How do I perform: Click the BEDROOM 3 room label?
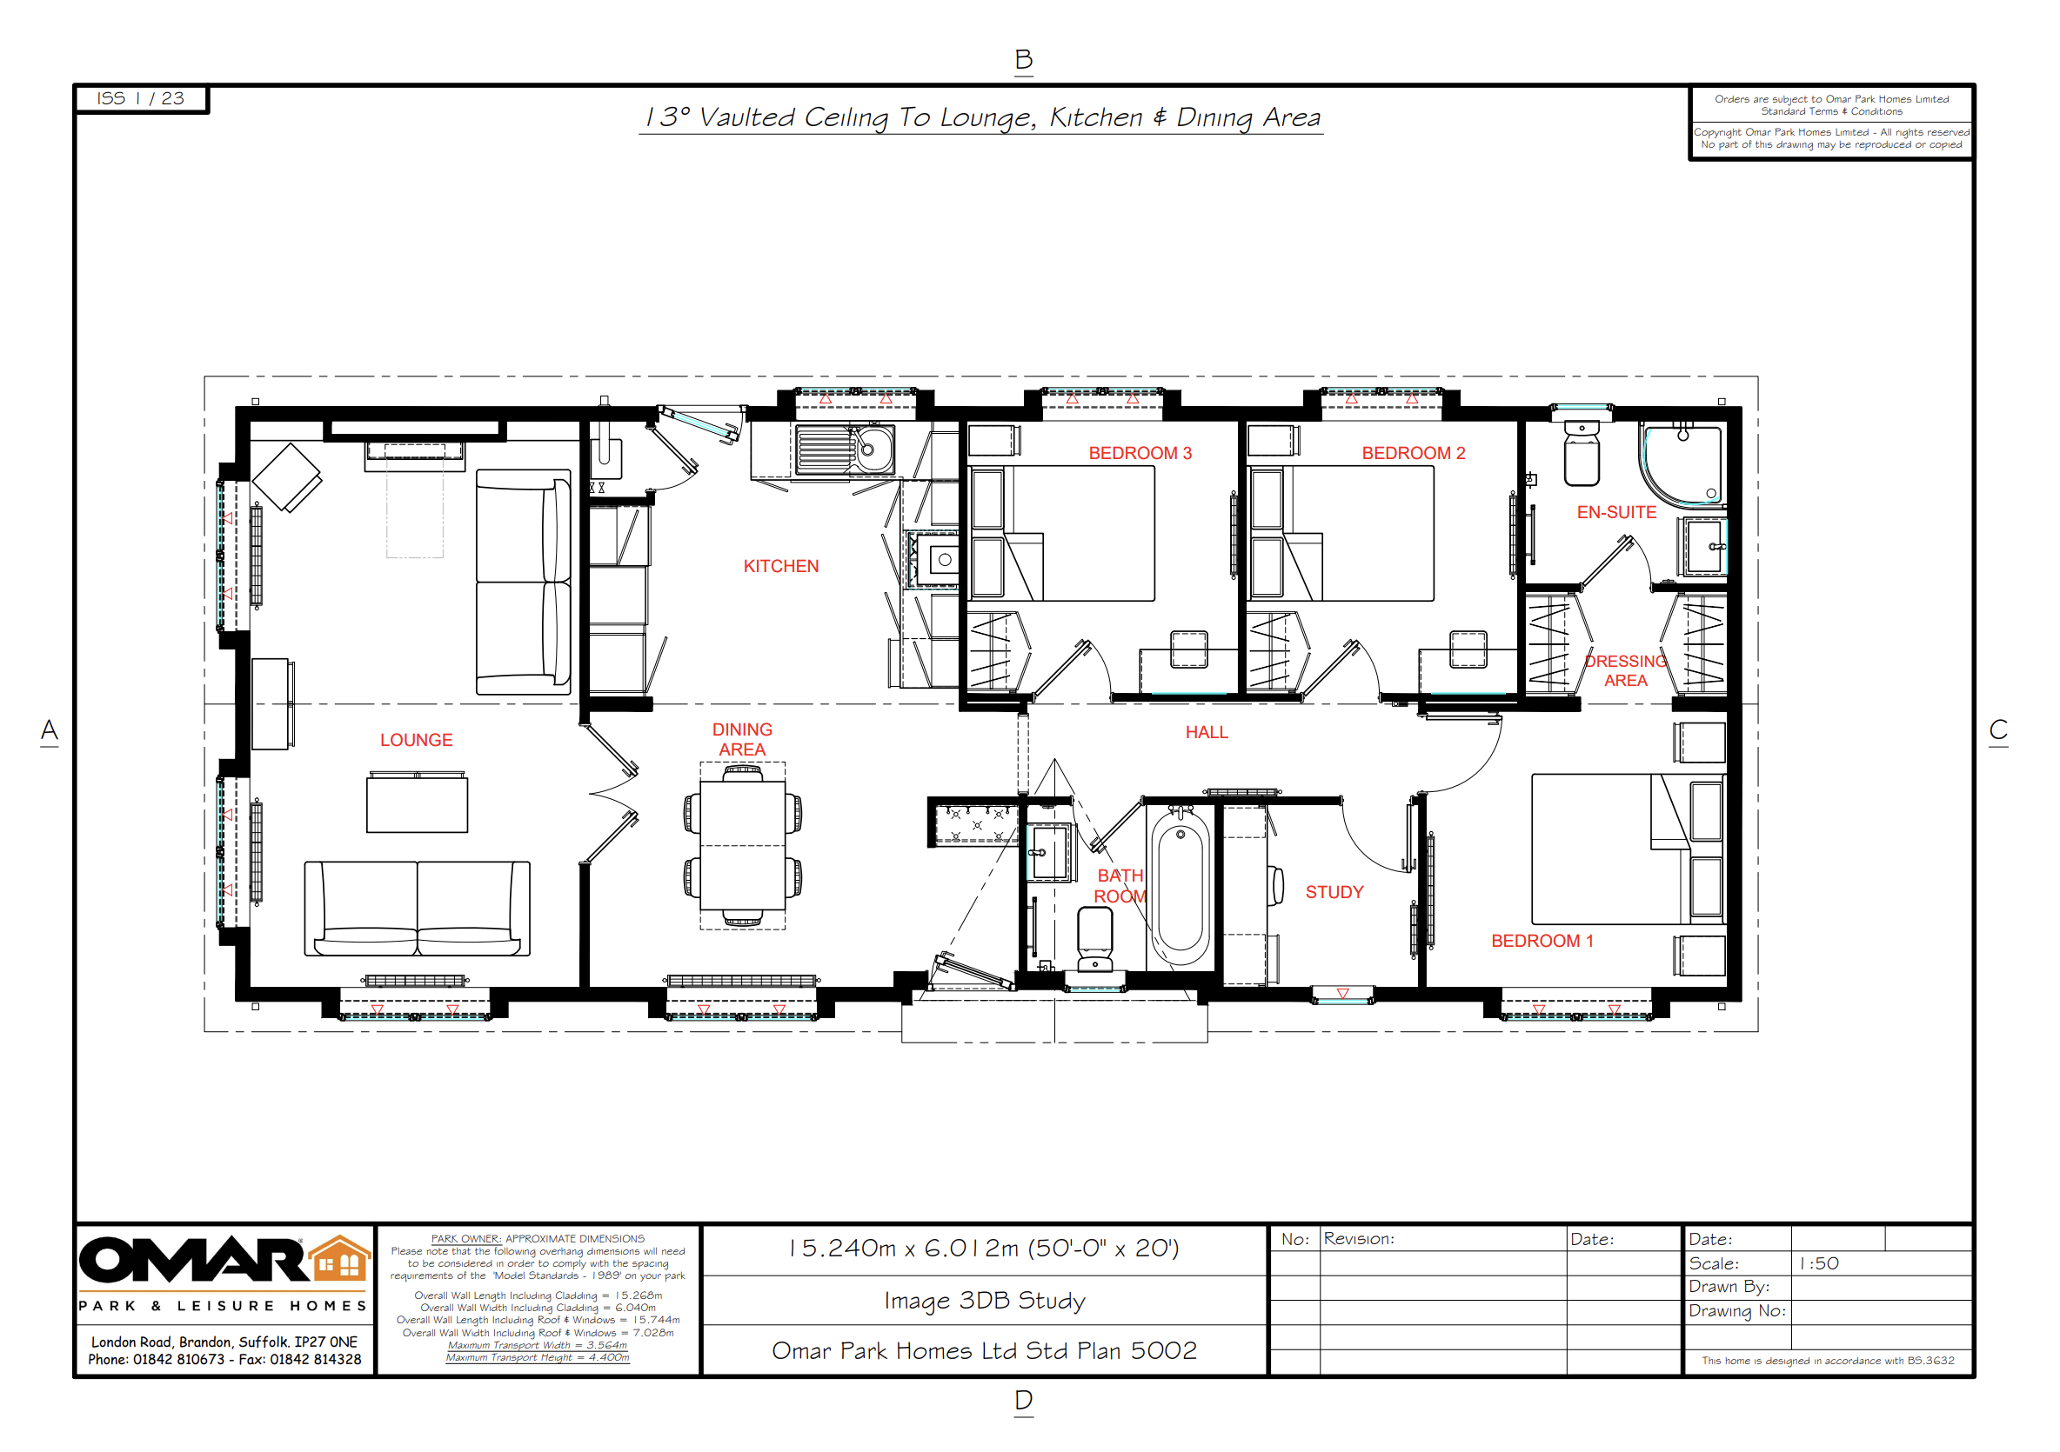[x=1140, y=453]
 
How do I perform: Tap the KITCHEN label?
[x=780, y=566]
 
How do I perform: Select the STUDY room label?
[x=1334, y=892]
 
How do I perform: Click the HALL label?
[x=1206, y=733]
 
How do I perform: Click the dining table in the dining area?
[x=743, y=846]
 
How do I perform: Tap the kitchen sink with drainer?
[x=845, y=450]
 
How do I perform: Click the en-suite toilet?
[x=1581, y=452]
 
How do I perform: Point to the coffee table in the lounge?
[x=417, y=803]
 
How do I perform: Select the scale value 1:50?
[x=1819, y=1262]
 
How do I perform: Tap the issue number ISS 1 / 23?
[x=141, y=97]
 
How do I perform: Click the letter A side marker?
[x=50, y=730]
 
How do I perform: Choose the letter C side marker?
[x=1998, y=729]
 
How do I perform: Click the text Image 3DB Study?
[x=984, y=1301]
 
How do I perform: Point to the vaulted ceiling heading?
[x=981, y=117]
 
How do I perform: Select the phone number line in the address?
[x=224, y=1359]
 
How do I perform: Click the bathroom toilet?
[x=1094, y=939]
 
